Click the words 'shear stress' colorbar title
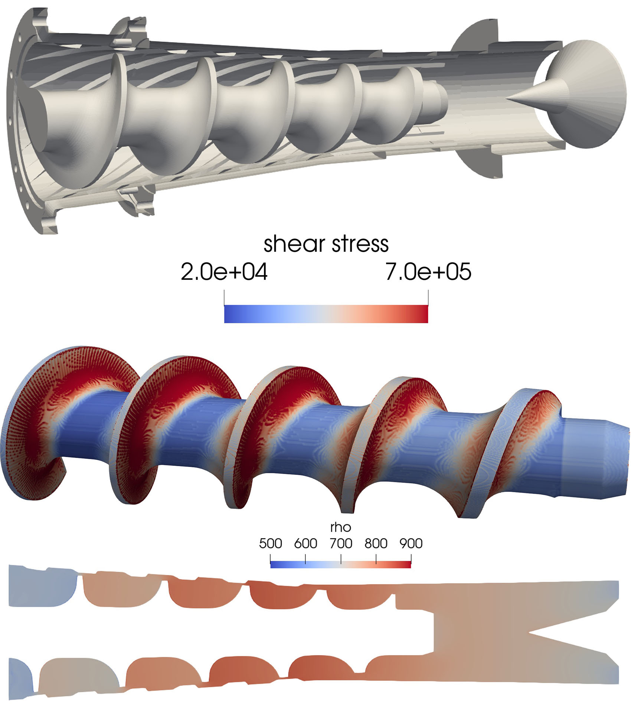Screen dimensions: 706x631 point(326,244)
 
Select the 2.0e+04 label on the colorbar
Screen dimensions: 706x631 point(224,272)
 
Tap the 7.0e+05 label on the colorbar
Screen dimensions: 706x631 point(428,272)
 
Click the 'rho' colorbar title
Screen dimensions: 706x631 point(340,527)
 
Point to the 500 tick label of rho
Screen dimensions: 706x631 point(270,543)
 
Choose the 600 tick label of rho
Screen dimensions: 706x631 point(305,543)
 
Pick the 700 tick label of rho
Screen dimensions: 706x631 point(341,543)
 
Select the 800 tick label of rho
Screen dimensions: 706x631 point(376,543)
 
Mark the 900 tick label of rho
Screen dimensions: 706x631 point(411,543)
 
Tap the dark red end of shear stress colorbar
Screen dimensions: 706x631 point(423,314)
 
